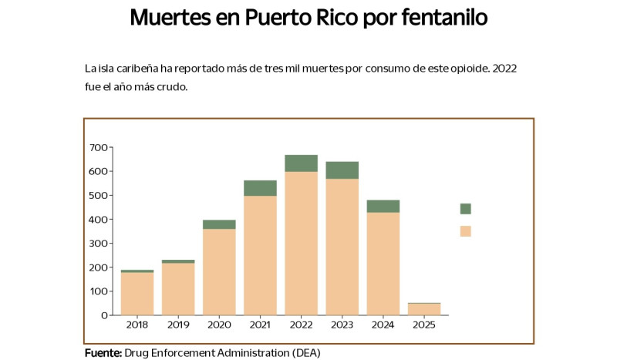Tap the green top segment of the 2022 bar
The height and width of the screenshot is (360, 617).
click(301, 163)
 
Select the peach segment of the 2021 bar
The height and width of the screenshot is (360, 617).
click(260, 254)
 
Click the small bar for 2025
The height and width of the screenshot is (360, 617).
click(424, 309)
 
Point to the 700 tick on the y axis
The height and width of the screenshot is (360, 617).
click(98, 147)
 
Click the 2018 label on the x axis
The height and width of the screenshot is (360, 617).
click(137, 325)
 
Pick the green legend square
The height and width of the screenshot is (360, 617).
click(465, 208)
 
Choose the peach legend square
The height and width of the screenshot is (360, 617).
click(465, 230)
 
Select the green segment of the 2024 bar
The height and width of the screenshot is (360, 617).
click(383, 206)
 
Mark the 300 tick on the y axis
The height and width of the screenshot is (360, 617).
click(98, 243)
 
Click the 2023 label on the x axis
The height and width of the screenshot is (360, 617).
click(342, 325)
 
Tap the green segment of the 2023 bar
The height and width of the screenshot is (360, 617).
click(342, 170)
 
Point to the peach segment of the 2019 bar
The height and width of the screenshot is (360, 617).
click(178, 288)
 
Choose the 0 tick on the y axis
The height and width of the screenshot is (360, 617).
click(103, 315)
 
